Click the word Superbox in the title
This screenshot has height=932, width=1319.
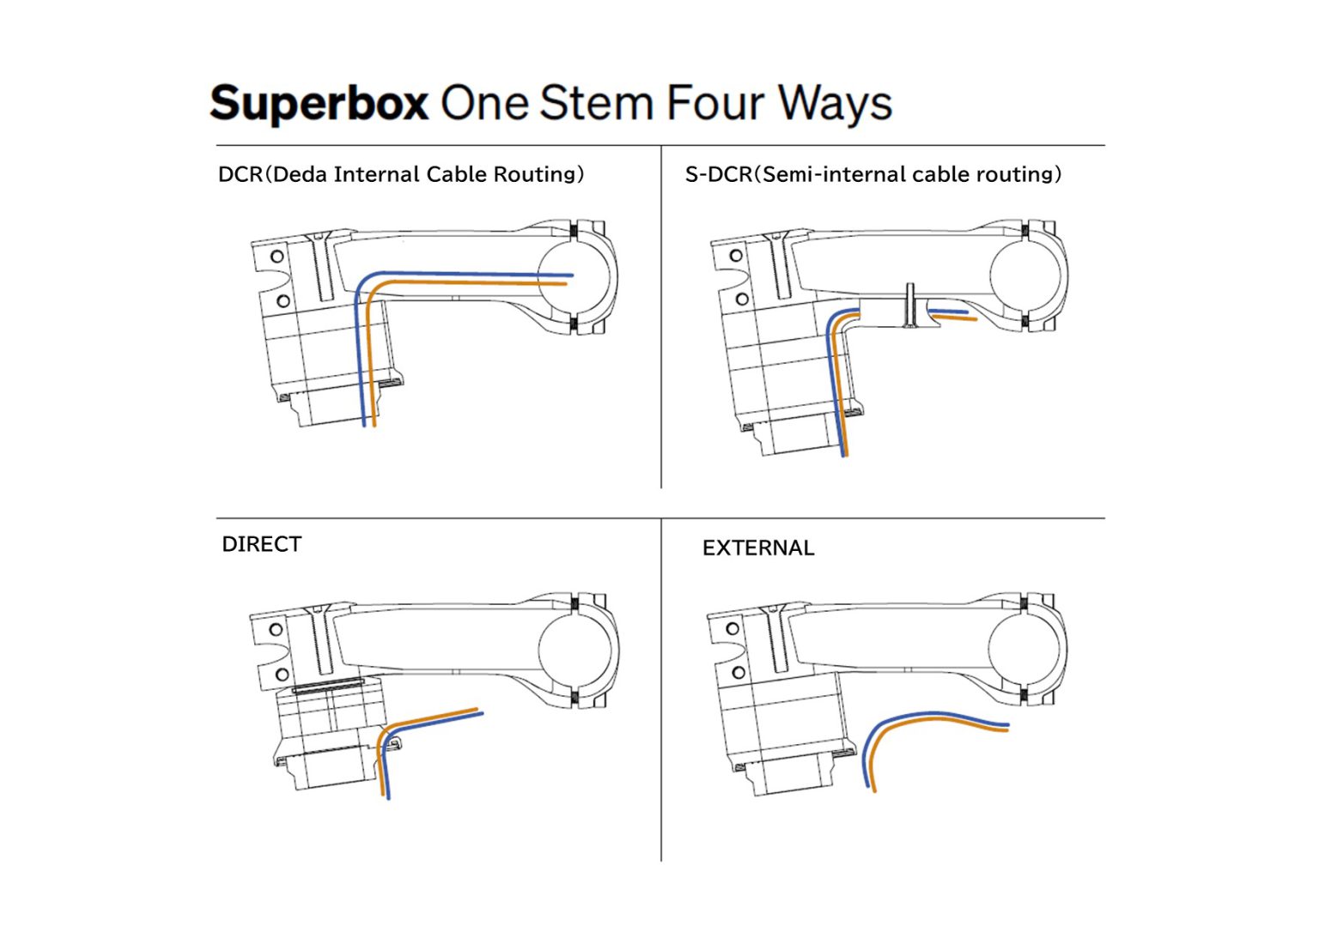tap(319, 104)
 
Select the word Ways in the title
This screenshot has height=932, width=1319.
tap(835, 104)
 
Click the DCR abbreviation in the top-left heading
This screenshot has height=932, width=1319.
tap(240, 174)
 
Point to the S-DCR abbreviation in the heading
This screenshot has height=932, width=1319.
tap(718, 174)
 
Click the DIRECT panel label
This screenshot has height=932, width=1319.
tap(261, 544)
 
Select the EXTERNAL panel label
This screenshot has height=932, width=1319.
tap(757, 548)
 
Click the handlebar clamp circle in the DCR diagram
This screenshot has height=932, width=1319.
tap(574, 276)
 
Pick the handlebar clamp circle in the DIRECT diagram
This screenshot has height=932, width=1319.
tap(574, 649)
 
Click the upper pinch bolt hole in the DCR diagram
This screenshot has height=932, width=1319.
tap(277, 256)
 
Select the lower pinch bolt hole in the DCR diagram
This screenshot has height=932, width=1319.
tap(282, 301)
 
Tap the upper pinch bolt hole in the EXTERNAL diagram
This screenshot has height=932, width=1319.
tap(732, 628)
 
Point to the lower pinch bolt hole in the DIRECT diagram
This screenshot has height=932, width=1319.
tap(281, 675)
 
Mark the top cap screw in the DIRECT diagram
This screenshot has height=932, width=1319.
tap(322, 639)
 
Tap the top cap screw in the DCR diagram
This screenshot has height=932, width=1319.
tap(322, 266)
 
